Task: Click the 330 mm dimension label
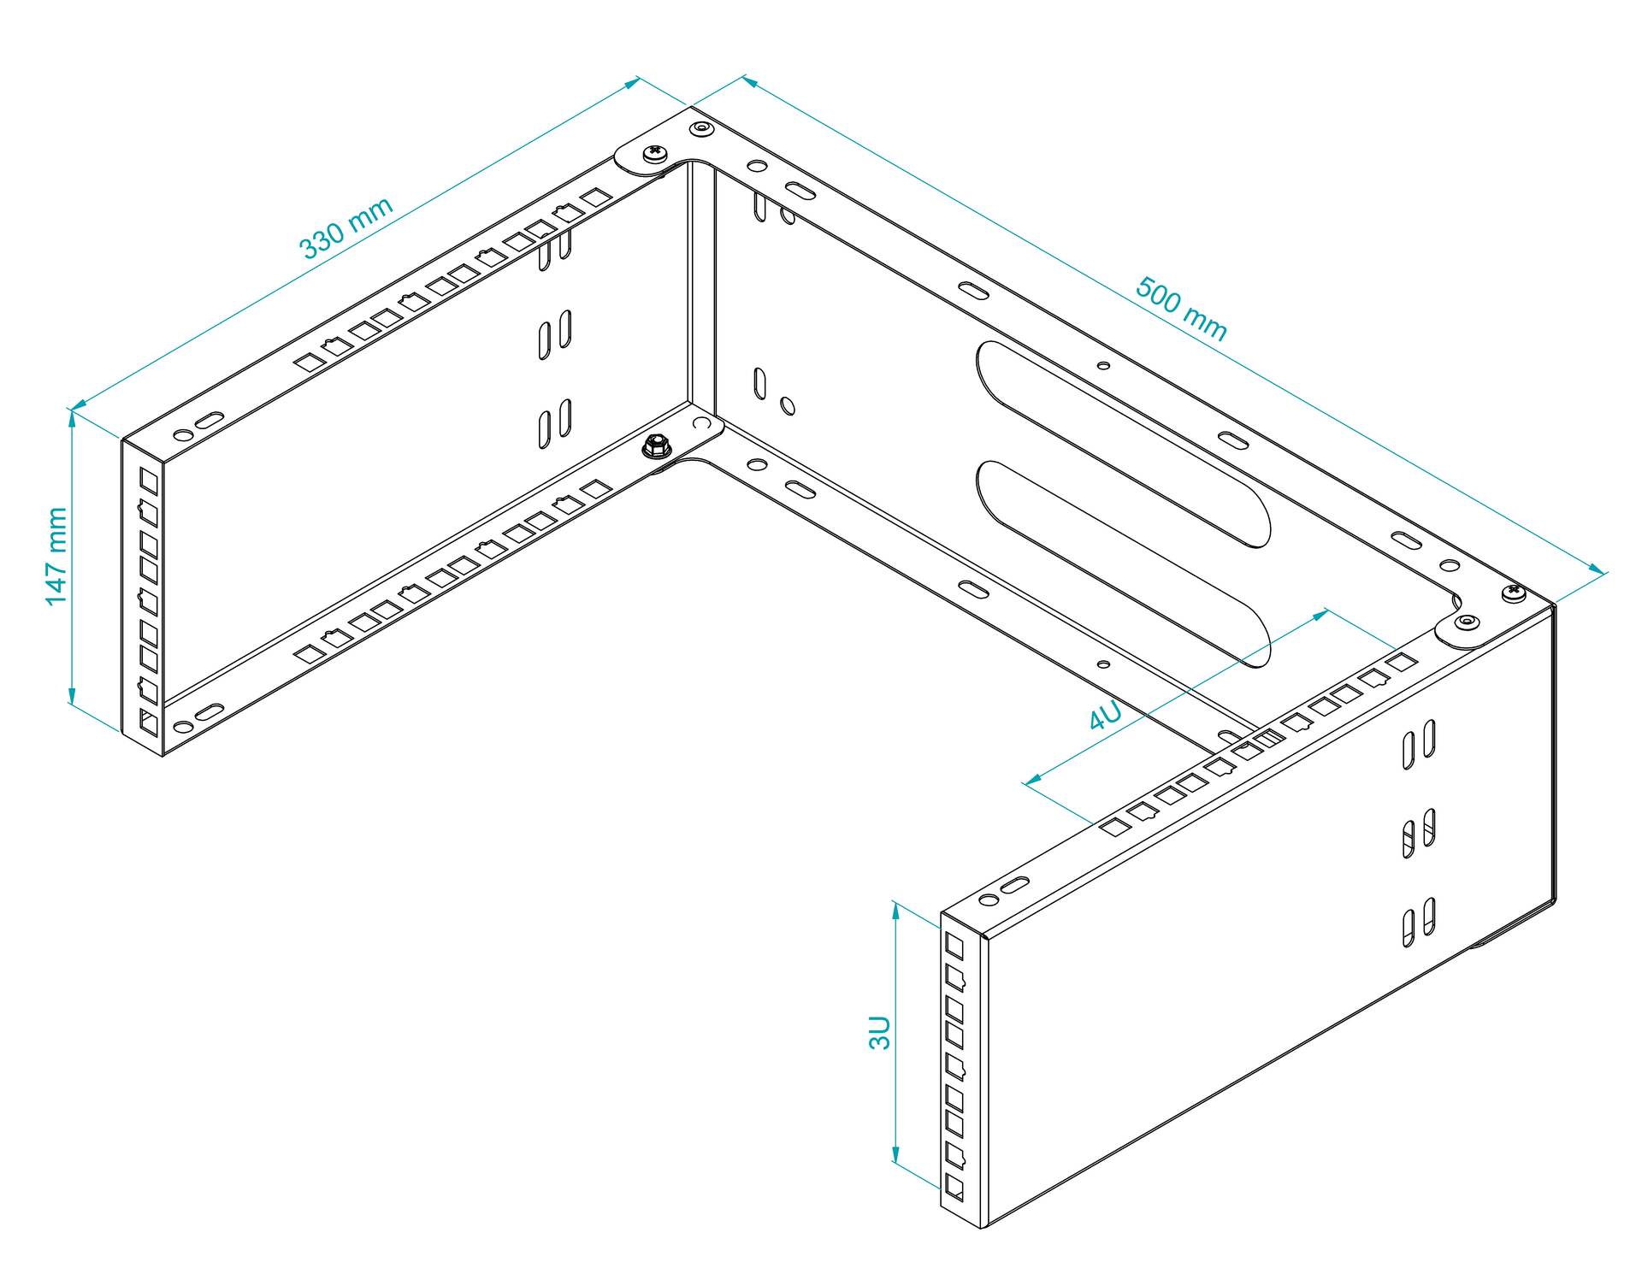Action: [x=346, y=227]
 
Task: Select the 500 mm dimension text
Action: [x=1181, y=309]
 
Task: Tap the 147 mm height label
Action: [x=56, y=557]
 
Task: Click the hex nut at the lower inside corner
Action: [x=657, y=445]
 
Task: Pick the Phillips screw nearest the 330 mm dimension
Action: [x=656, y=154]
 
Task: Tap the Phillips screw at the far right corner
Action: [x=1513, y=592]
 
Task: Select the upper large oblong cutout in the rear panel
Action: [x=1123, y=444]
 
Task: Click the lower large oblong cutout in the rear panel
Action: [x=1123, y=563]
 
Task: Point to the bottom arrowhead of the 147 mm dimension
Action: [x=72, y=696]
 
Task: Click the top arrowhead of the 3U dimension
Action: [x=896, y=911]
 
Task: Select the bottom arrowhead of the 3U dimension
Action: [x=896, y=1155]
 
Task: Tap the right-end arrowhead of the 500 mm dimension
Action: [x=1596, y=569]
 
